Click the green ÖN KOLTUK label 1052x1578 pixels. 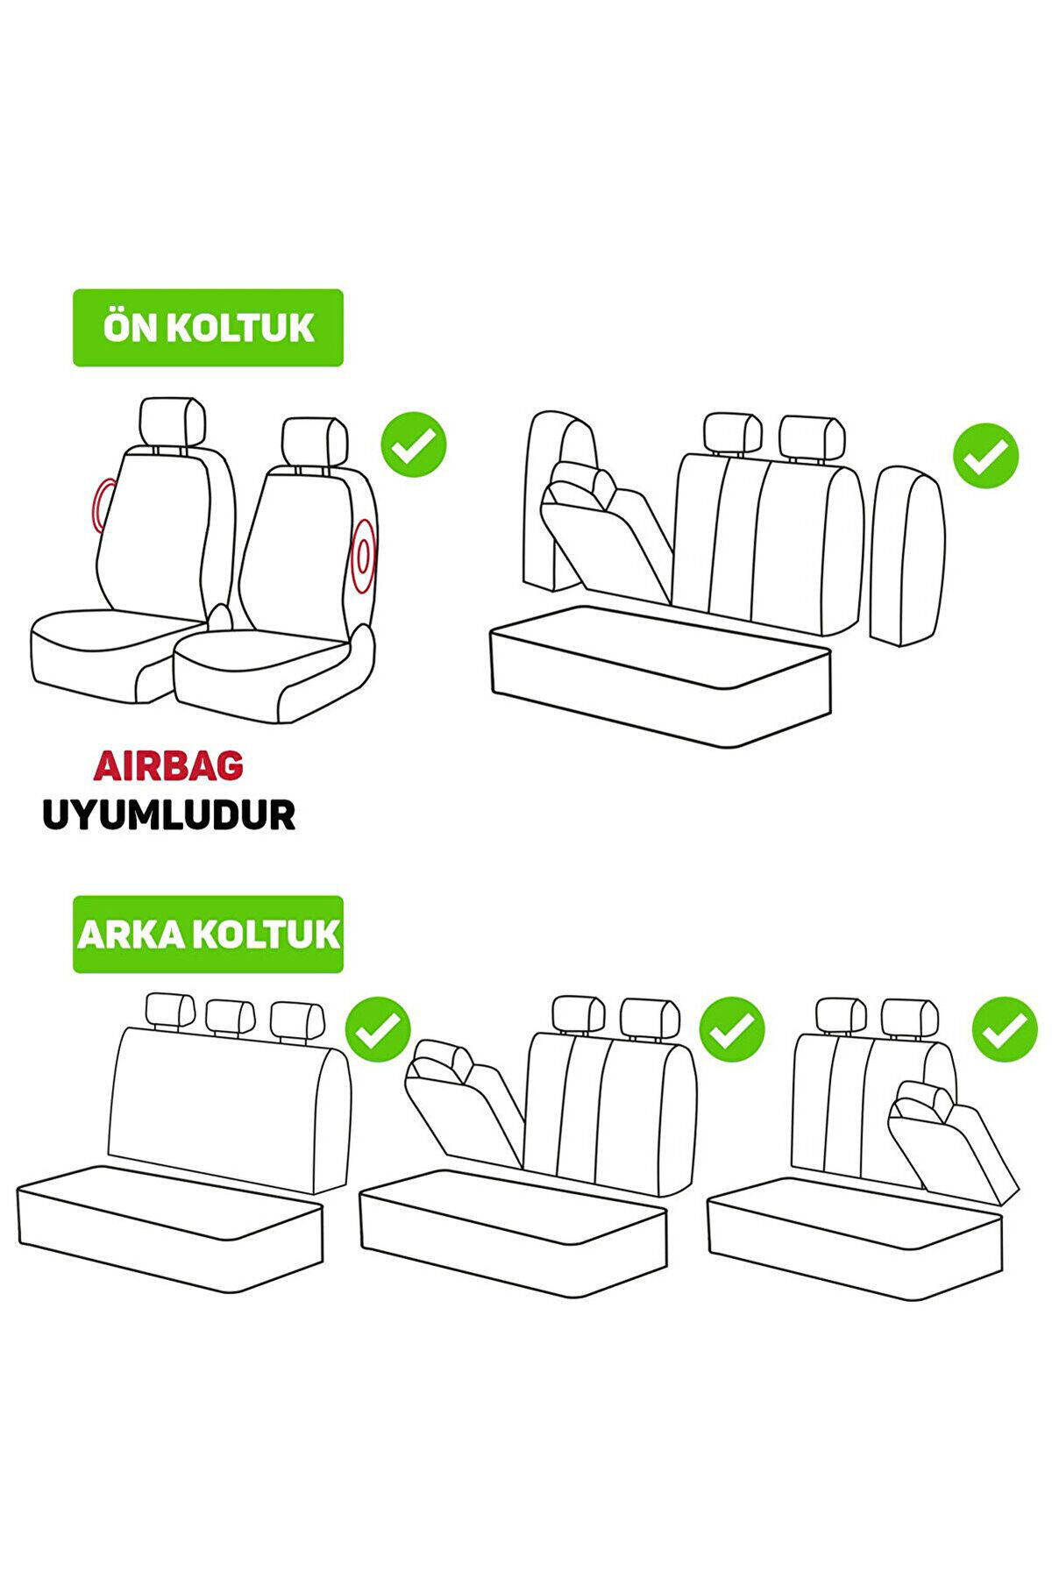[x=208, y=328]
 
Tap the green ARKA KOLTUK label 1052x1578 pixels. [x=208, y=934]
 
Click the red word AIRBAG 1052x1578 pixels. [x=168, y=766]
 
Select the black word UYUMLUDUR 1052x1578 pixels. [x=168, y=815]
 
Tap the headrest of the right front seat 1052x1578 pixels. [x=316, y=444]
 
